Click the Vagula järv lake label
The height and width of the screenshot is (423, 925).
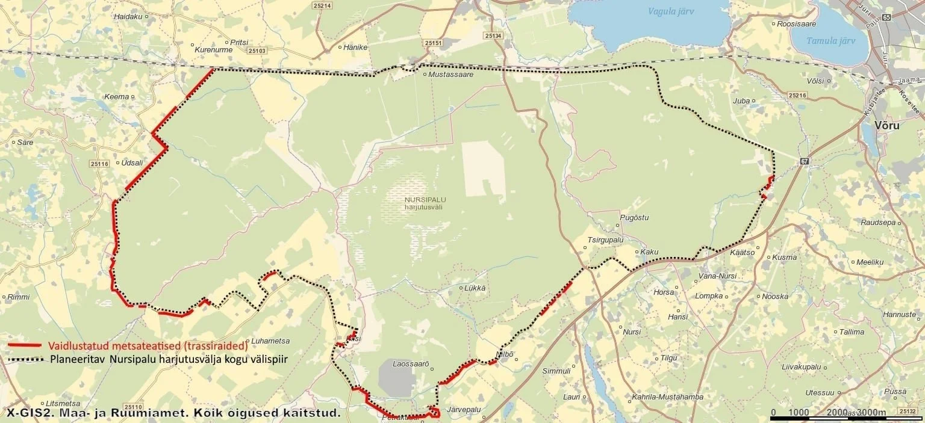click(671, 11)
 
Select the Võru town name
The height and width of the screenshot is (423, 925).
click(888, 126)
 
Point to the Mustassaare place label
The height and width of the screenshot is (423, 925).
click(450, 75)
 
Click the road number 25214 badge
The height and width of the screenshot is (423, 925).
click(322, 5)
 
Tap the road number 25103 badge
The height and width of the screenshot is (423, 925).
click(257, 51)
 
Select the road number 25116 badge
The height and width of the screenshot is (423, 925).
click(98, 164)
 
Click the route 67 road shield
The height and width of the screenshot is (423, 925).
click(805, 161)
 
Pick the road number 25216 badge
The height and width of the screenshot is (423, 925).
click(797, 96)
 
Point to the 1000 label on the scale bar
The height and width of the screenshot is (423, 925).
click(798, 413)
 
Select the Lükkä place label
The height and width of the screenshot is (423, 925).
click(475, 288)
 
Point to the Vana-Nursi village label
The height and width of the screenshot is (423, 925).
click(717, 276)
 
